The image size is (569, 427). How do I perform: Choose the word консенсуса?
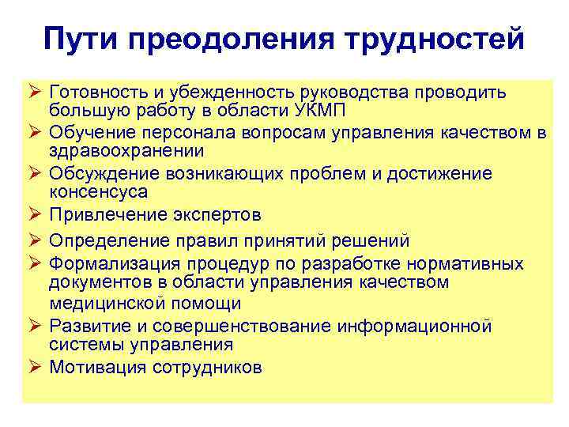pyautogui.click(x=98, y=191)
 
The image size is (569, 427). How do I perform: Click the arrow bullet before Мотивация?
pyautogui.click(x=36, y=367)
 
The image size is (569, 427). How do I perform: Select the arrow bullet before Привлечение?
pyautogui.click(x=36, y=215)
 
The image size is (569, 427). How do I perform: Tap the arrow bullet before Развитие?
pyautogui.click(x=36, y=327)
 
